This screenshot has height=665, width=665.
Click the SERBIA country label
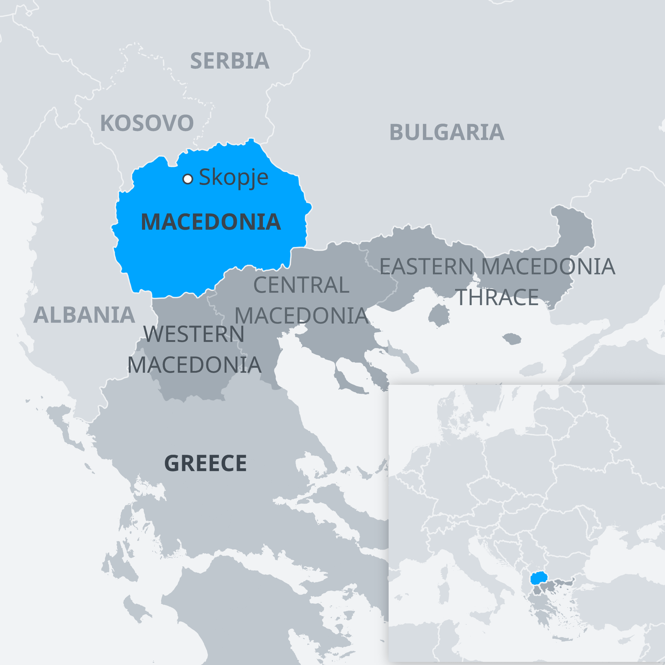(230, 61)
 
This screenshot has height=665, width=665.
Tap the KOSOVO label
(147, 123)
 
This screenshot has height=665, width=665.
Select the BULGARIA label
(447, 132)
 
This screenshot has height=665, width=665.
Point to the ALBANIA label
(84, 315)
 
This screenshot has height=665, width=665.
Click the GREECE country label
(205, 463)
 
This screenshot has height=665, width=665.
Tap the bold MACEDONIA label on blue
(211, 222)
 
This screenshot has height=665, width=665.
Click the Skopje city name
(233, 177)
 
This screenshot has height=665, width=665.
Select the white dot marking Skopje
(188, 179)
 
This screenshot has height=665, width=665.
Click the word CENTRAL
(301, 285)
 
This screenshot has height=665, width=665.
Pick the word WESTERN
(194, 334)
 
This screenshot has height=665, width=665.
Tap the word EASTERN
(426, 267)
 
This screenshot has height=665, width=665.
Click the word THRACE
(498, 297)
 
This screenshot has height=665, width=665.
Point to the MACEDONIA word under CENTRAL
(301, 316)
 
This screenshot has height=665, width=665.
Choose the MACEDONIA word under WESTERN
(194, 365)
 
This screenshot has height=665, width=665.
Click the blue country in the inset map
(538, 578)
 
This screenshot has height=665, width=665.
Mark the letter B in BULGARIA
(397, 132)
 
